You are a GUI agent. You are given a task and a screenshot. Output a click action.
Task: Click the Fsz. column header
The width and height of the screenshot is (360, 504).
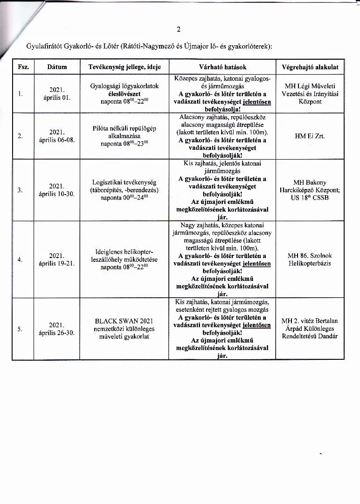tap(23, 67)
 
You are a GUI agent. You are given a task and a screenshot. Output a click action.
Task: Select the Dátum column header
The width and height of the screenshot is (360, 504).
tap(57, 67)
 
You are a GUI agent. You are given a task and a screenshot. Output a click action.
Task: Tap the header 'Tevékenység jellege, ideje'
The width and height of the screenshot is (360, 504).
tap(125, 67)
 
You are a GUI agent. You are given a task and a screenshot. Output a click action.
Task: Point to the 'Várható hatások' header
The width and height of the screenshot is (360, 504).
tap(222, 67)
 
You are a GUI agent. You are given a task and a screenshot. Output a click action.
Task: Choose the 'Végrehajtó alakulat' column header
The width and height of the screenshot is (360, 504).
tap(310, 67)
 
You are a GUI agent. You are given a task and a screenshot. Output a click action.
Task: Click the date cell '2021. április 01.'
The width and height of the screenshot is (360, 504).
tap(57, 94)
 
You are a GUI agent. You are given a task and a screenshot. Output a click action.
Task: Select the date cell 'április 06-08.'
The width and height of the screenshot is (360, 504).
tap(57, 136)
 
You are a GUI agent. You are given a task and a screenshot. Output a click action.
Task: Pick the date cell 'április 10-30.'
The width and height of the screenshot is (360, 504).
tap(57, 190)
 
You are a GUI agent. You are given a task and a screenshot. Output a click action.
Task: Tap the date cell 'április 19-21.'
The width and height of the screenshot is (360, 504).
tap(57, 259)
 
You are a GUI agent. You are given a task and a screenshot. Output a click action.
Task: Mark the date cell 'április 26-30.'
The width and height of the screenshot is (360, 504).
tap(57, 329)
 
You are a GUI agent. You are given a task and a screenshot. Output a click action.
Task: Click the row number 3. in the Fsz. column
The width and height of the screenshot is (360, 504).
tap(20, 190)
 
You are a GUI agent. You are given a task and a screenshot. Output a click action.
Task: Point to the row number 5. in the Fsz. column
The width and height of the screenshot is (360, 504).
tap(20, 329)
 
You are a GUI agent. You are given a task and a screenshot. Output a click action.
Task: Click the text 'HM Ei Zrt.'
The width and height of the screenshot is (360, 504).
tap(310, 136)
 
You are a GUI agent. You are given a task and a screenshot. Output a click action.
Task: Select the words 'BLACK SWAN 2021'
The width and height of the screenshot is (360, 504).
tap(125, 321)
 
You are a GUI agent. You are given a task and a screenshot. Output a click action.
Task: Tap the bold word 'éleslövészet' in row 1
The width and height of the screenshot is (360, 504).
tap(125, 94)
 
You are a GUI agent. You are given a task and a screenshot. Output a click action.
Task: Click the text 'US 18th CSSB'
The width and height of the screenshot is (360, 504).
tap(310, 198)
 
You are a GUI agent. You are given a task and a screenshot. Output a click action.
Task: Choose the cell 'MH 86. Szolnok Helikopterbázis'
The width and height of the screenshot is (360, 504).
tap(310, 259)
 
